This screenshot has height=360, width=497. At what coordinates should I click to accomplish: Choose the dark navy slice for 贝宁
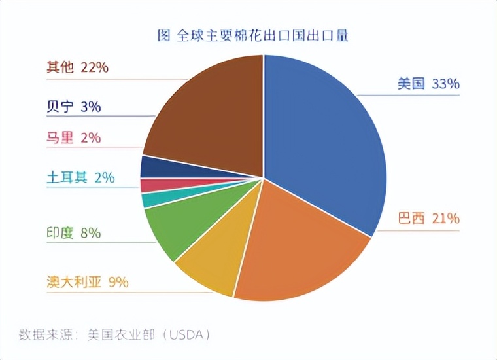click(157, 168)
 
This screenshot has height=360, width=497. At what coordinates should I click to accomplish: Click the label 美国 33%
click(428, 84)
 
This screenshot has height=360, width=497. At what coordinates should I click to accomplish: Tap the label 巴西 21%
click(428, 219)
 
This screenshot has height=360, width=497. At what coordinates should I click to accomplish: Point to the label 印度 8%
click(73, 233)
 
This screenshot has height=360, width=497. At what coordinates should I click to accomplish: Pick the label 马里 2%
click(73, 137)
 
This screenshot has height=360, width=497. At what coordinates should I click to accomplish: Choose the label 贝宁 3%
click(73, 107)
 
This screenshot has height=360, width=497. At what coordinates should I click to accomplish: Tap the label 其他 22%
click(77, 67)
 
